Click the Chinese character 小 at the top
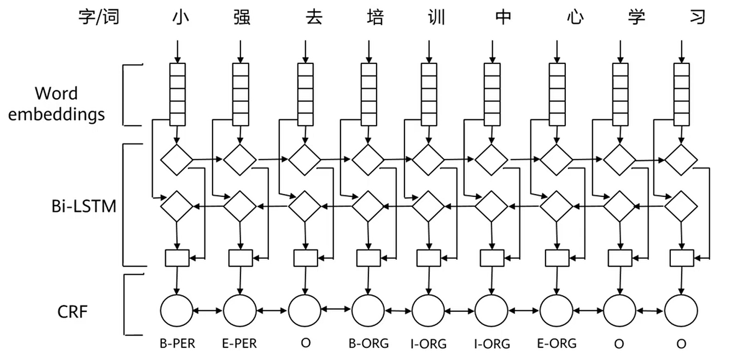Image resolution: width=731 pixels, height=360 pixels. pos(177,18)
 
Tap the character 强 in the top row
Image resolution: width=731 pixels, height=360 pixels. pos(240,18)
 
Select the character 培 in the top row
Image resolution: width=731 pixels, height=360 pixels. pos(375,18)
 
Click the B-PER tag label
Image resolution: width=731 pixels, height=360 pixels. pos(177,344)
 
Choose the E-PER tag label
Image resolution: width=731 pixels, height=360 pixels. pos(239,344)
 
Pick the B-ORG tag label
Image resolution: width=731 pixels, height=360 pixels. pos(369,344)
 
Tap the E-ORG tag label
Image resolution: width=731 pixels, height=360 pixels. pos(557,344)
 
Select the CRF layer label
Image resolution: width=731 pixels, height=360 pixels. pos(73,312)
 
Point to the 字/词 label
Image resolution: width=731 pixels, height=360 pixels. pos(99,18)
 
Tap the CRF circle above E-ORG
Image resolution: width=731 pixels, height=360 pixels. pos(557,311)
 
